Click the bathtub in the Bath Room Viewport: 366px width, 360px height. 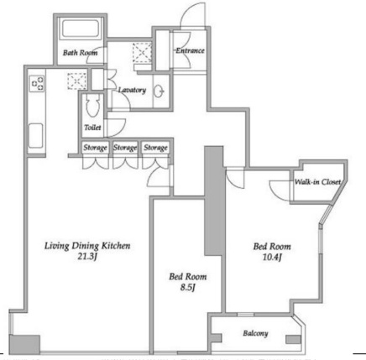(81, 29)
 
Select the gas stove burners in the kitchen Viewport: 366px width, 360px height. (38, 83)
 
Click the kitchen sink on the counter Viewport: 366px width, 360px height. (36, 136)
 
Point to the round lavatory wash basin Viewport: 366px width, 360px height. (159, 91)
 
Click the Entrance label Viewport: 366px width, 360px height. (190, 50)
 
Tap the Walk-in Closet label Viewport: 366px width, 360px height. (317, 182)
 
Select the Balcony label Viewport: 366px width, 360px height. (255, 333)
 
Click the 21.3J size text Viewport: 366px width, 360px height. (87, 257)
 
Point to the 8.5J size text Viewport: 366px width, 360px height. (187, 287)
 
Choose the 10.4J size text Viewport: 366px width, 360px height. (272, 257)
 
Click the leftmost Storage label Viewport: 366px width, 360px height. (95, 148)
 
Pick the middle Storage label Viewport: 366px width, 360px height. (125, 148)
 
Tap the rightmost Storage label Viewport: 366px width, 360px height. (155, 148)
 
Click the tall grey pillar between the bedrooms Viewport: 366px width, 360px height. (214, 201)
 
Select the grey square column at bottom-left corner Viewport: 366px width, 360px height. (24, 344)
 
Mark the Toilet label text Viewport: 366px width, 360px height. (92, 128)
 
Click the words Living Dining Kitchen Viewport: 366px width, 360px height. (87, 246)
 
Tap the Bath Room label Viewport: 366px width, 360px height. (80, 53)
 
